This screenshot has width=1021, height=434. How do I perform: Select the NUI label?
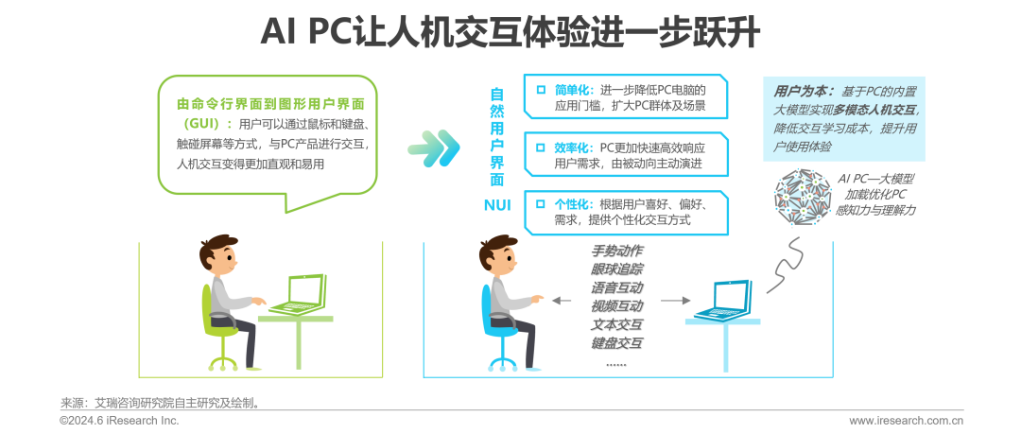(x=496, y=205)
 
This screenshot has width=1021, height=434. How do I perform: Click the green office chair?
(x=216, y=326)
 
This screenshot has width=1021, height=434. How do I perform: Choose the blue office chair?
(x=496, y=326)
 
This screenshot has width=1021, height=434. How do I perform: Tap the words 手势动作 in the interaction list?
(x=616, y=251)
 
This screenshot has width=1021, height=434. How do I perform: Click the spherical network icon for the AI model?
(x=803, y=200)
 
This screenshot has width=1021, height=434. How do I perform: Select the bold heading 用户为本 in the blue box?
(x=803, y=92)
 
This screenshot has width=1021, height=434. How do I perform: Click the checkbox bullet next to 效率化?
(x=540, y=148)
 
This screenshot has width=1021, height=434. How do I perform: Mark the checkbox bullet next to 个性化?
(x=540, y=204)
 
